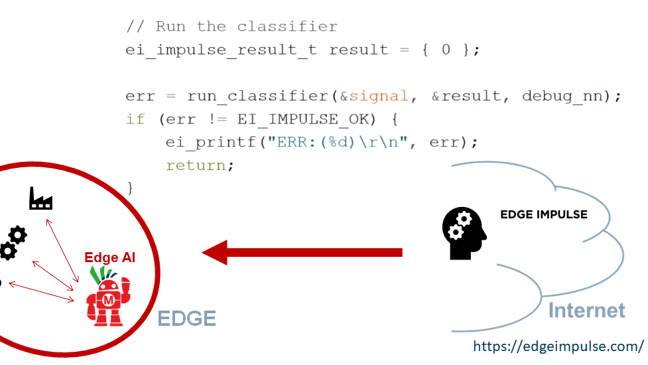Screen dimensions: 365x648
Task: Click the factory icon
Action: [x=40, y=198]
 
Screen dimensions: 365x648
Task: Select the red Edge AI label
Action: [x=109, y=257]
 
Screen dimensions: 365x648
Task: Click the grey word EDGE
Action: [x=186, y=319]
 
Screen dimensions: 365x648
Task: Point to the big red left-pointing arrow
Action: [x=302, y=252]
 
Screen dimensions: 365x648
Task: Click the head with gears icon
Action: [x=464, y=232]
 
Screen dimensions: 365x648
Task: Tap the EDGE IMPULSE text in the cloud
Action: [x=543, y=214]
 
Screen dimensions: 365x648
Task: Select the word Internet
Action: [x=586, y=310]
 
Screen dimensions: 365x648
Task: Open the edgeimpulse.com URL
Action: [x=558, y=346]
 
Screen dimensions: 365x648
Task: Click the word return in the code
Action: [x=199, y=165]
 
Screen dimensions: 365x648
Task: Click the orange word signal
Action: [x=379, y=96]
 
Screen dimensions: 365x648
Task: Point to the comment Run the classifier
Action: [x=231, y=27]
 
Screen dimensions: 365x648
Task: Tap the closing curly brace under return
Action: [x=130, y=188]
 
